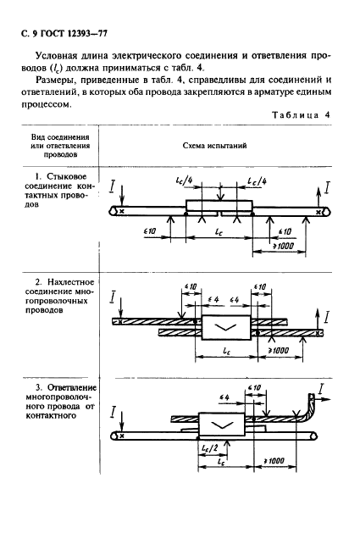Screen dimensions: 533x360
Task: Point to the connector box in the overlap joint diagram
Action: pos(222,327)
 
